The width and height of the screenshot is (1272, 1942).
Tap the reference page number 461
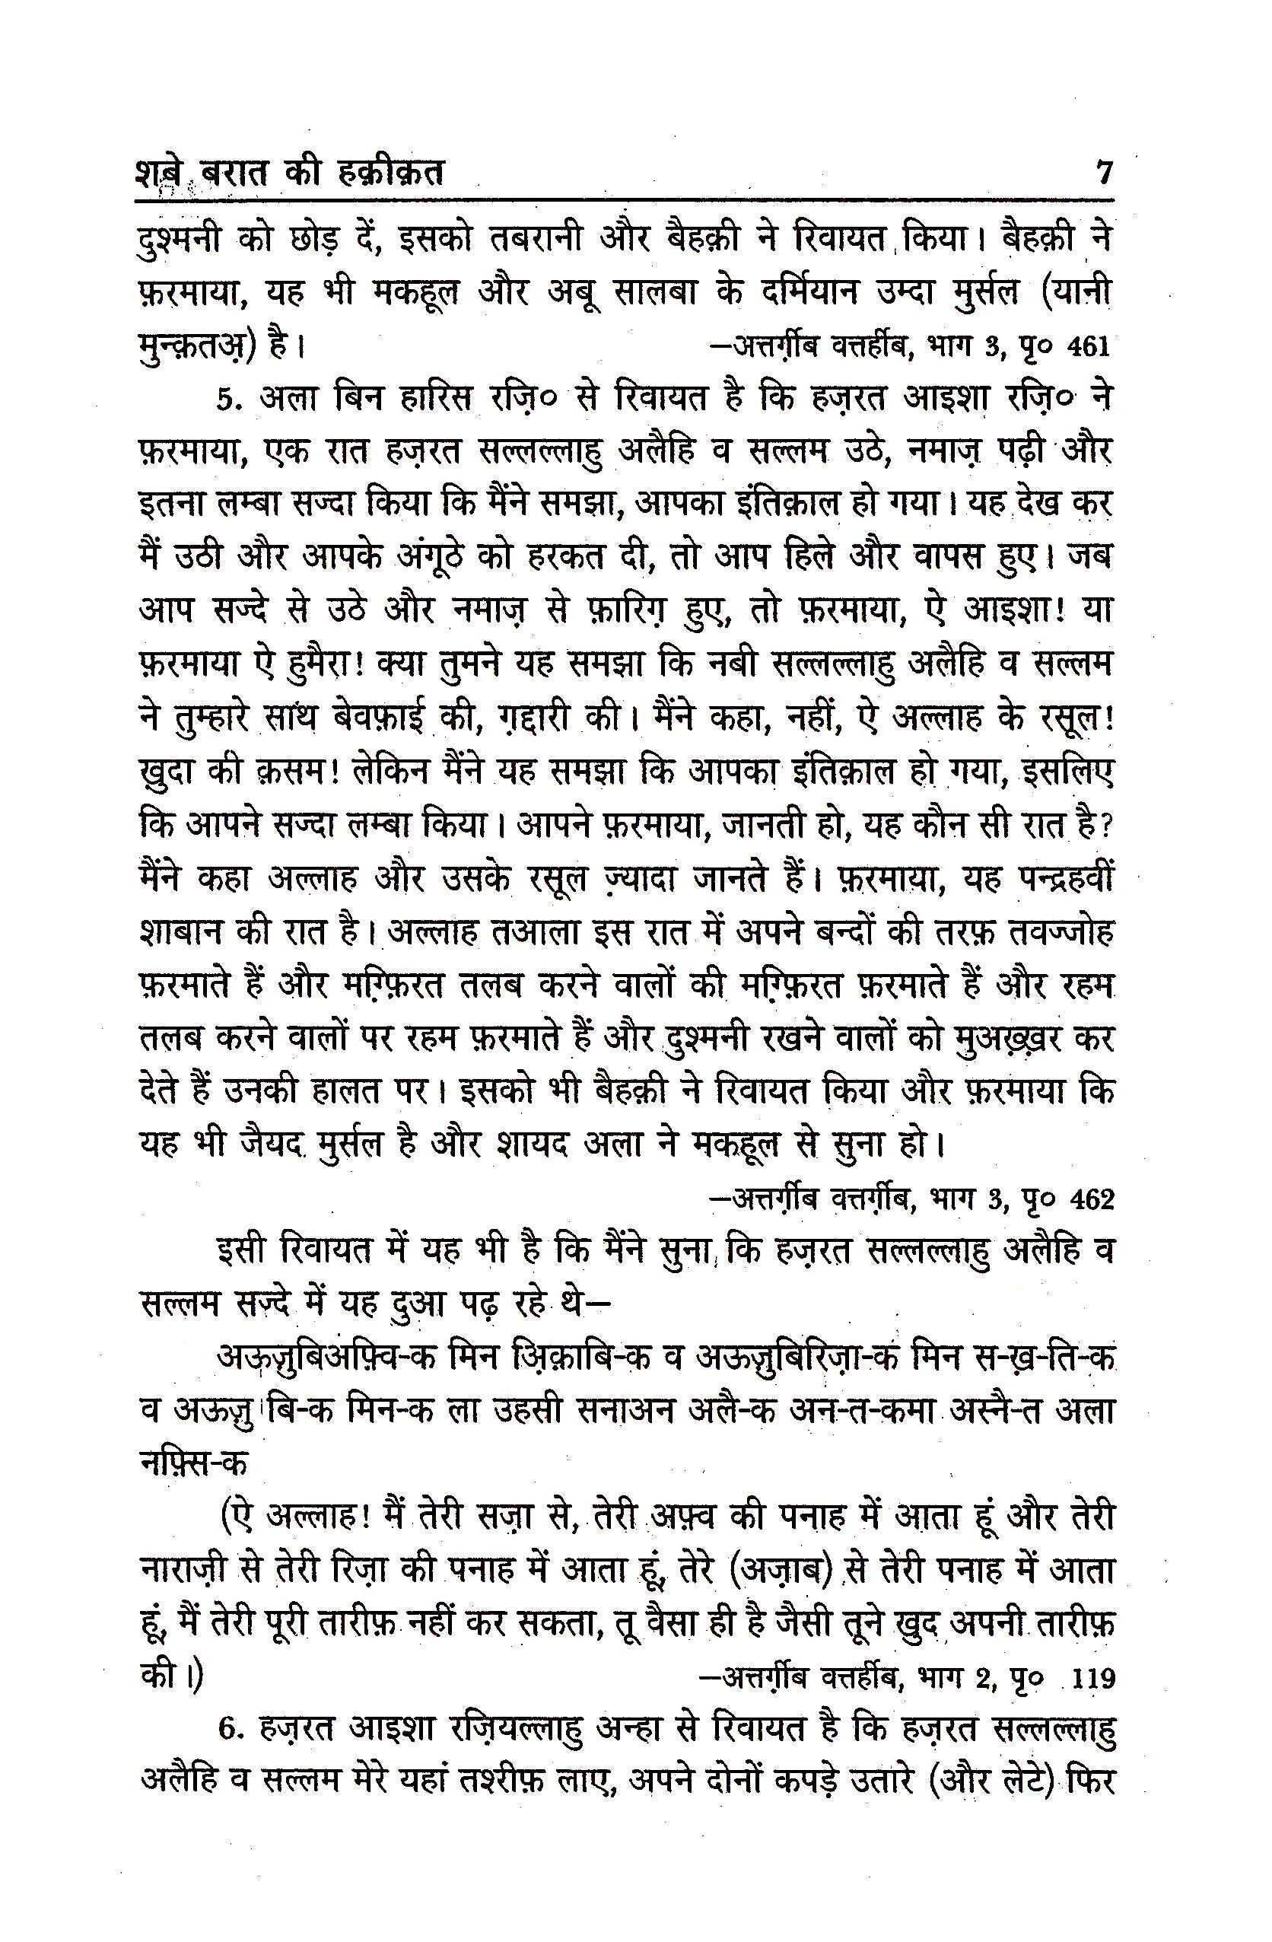(x=1088, y=347)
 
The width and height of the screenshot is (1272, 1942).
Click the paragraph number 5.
(x=229, y=400)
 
